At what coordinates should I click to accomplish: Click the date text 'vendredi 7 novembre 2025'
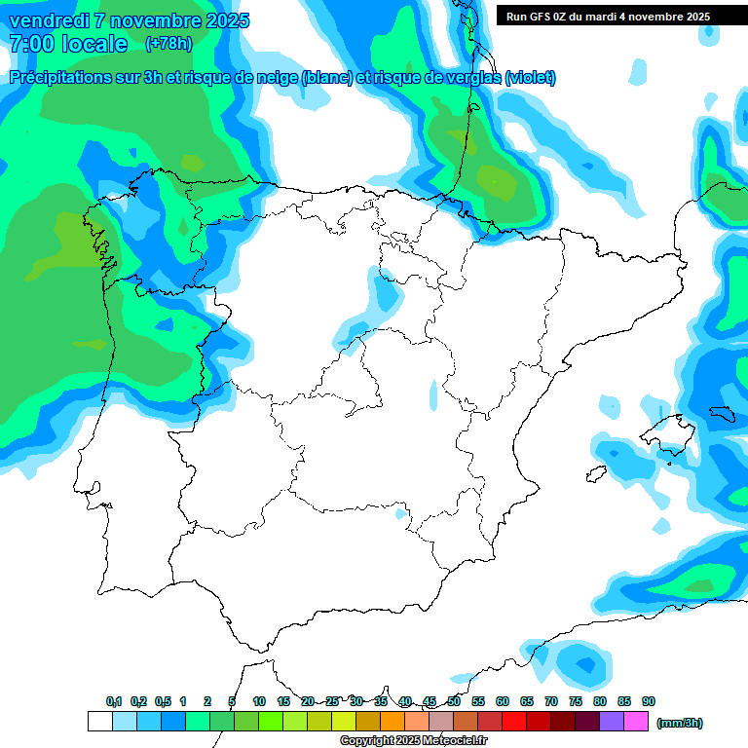pos(129,20)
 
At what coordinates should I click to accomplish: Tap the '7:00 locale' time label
pos(68,44)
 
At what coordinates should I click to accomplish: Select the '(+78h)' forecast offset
pos(168,44)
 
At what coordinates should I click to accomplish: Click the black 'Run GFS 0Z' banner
pos(608,17)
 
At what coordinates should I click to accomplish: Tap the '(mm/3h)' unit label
pos(680,723)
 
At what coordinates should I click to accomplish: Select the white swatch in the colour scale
pos(99,722)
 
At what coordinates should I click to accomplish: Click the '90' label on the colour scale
pos(649,701)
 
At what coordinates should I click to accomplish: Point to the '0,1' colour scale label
pos(114,701)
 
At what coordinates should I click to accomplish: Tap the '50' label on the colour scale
pos(454,701)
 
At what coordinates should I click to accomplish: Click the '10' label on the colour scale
pos(259,701)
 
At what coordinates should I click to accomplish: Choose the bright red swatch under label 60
pos(514,722)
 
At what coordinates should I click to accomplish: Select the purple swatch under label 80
pos(612,722)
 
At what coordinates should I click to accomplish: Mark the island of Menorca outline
pos(722,414)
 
